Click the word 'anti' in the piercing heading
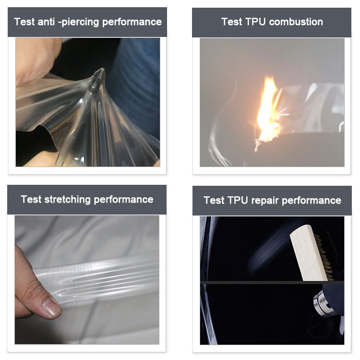[x=46, y=22]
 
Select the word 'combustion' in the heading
[x=296, y=22]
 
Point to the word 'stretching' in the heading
[x=68, y=200]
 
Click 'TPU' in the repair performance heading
[x=238, y=201]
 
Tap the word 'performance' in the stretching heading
[x=123, y=200]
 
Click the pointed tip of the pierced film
[x=102, y=69]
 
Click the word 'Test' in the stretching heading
[x=31, y=200]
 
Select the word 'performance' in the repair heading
[x=312, y=201]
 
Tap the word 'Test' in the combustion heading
[x=232, y=22]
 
